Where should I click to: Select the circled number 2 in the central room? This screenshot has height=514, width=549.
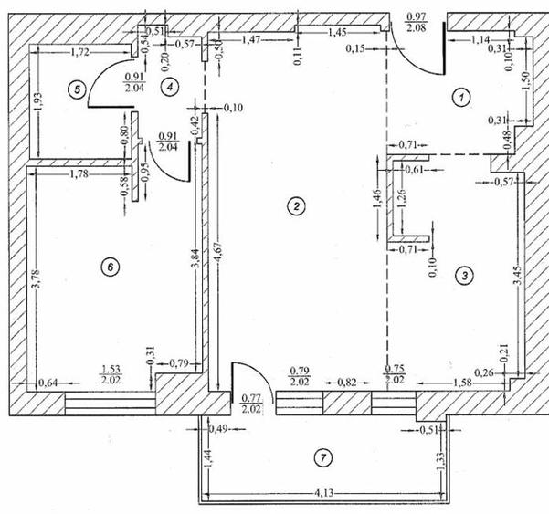coord(294,205)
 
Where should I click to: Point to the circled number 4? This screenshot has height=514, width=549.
coord(168,85)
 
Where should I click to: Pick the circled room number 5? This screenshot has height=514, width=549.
coord(77,89)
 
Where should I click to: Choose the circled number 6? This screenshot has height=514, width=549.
coord(109,267)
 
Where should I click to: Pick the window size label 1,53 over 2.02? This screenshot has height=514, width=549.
coord(111,376)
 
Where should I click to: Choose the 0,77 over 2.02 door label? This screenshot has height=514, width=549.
coord(250,404)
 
